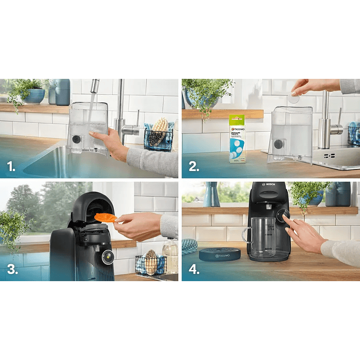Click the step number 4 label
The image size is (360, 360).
[x=193, y=269]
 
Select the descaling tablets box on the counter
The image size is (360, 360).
[x=237, y=138]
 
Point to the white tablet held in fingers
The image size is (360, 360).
[x=293, y=99]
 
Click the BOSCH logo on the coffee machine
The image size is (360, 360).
[x=269, y=185]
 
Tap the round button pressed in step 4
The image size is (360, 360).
[x=283, y=216]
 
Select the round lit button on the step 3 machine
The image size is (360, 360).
[x=108, y=257]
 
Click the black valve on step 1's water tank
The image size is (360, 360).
[x=76, y=139]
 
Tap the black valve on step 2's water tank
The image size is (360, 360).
[x=278, y=144]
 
